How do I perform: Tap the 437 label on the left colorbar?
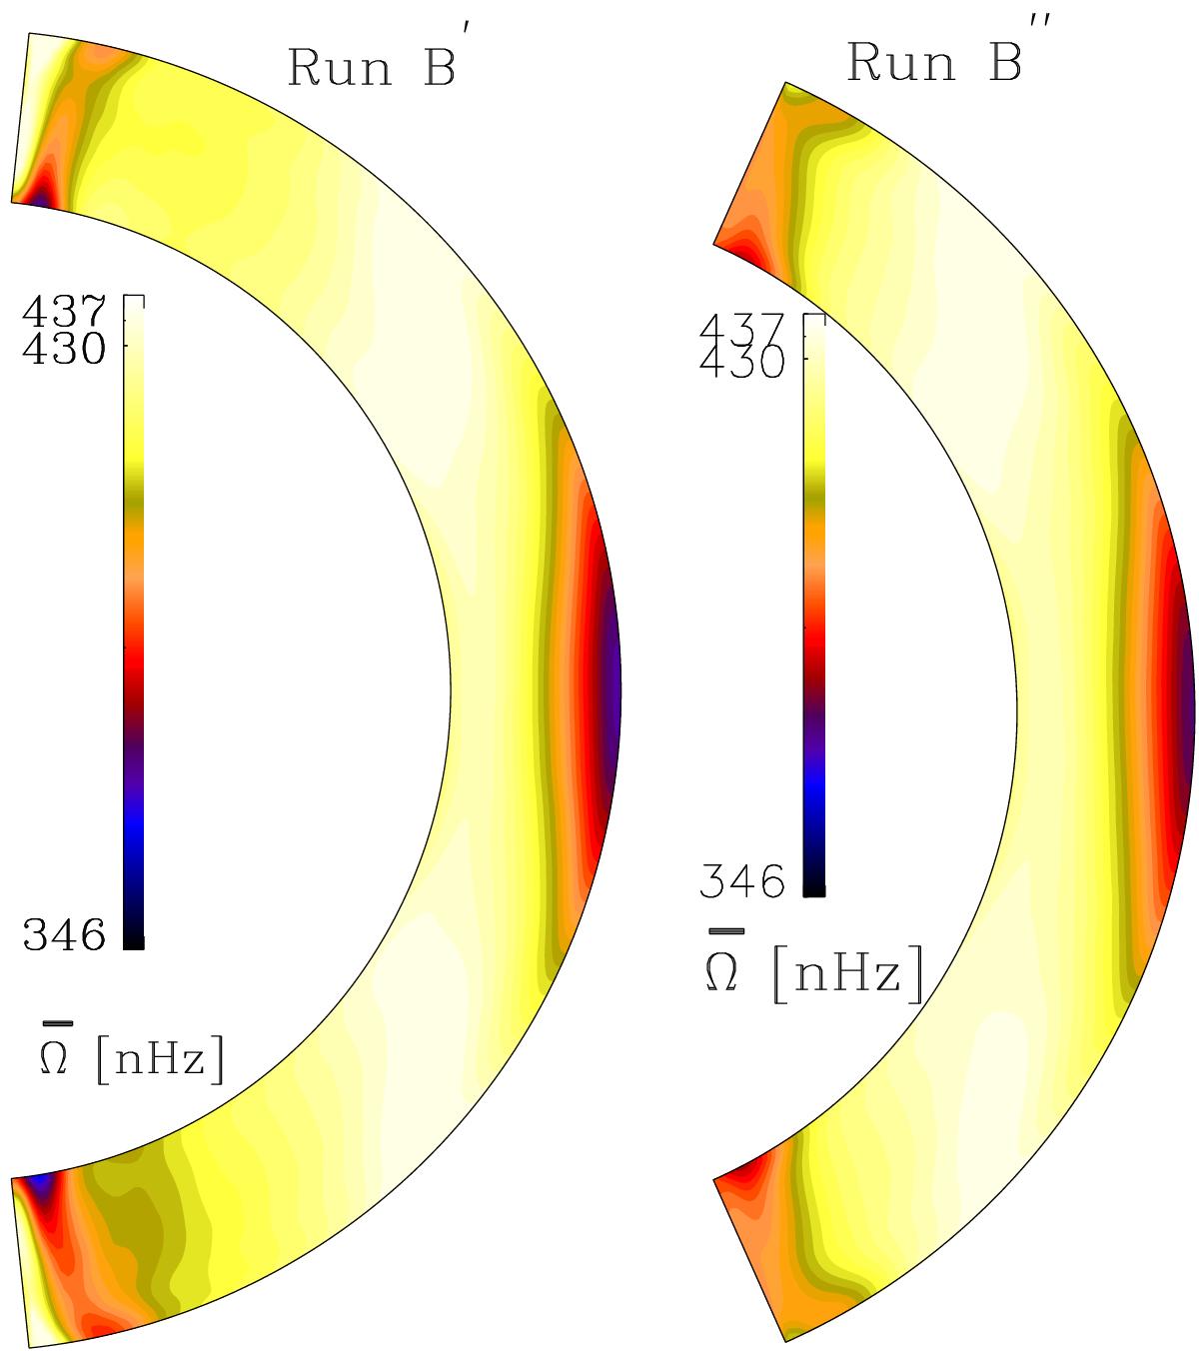click(64, 311)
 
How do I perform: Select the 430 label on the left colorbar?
click(64, 348)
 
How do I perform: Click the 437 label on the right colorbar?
click(741, 329)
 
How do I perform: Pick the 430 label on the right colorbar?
click(741, 363)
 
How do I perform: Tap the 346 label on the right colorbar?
click(741, 881)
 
